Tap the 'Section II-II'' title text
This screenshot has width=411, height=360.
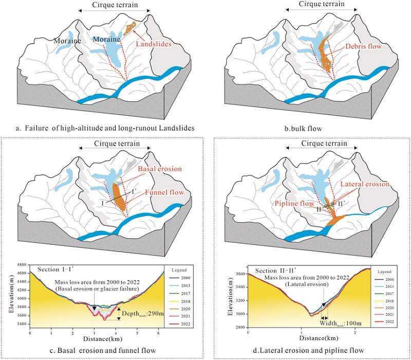pyautogui.click(x=275, y=271)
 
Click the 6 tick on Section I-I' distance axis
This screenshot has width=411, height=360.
pyautogui.click(x=160, y=335)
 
